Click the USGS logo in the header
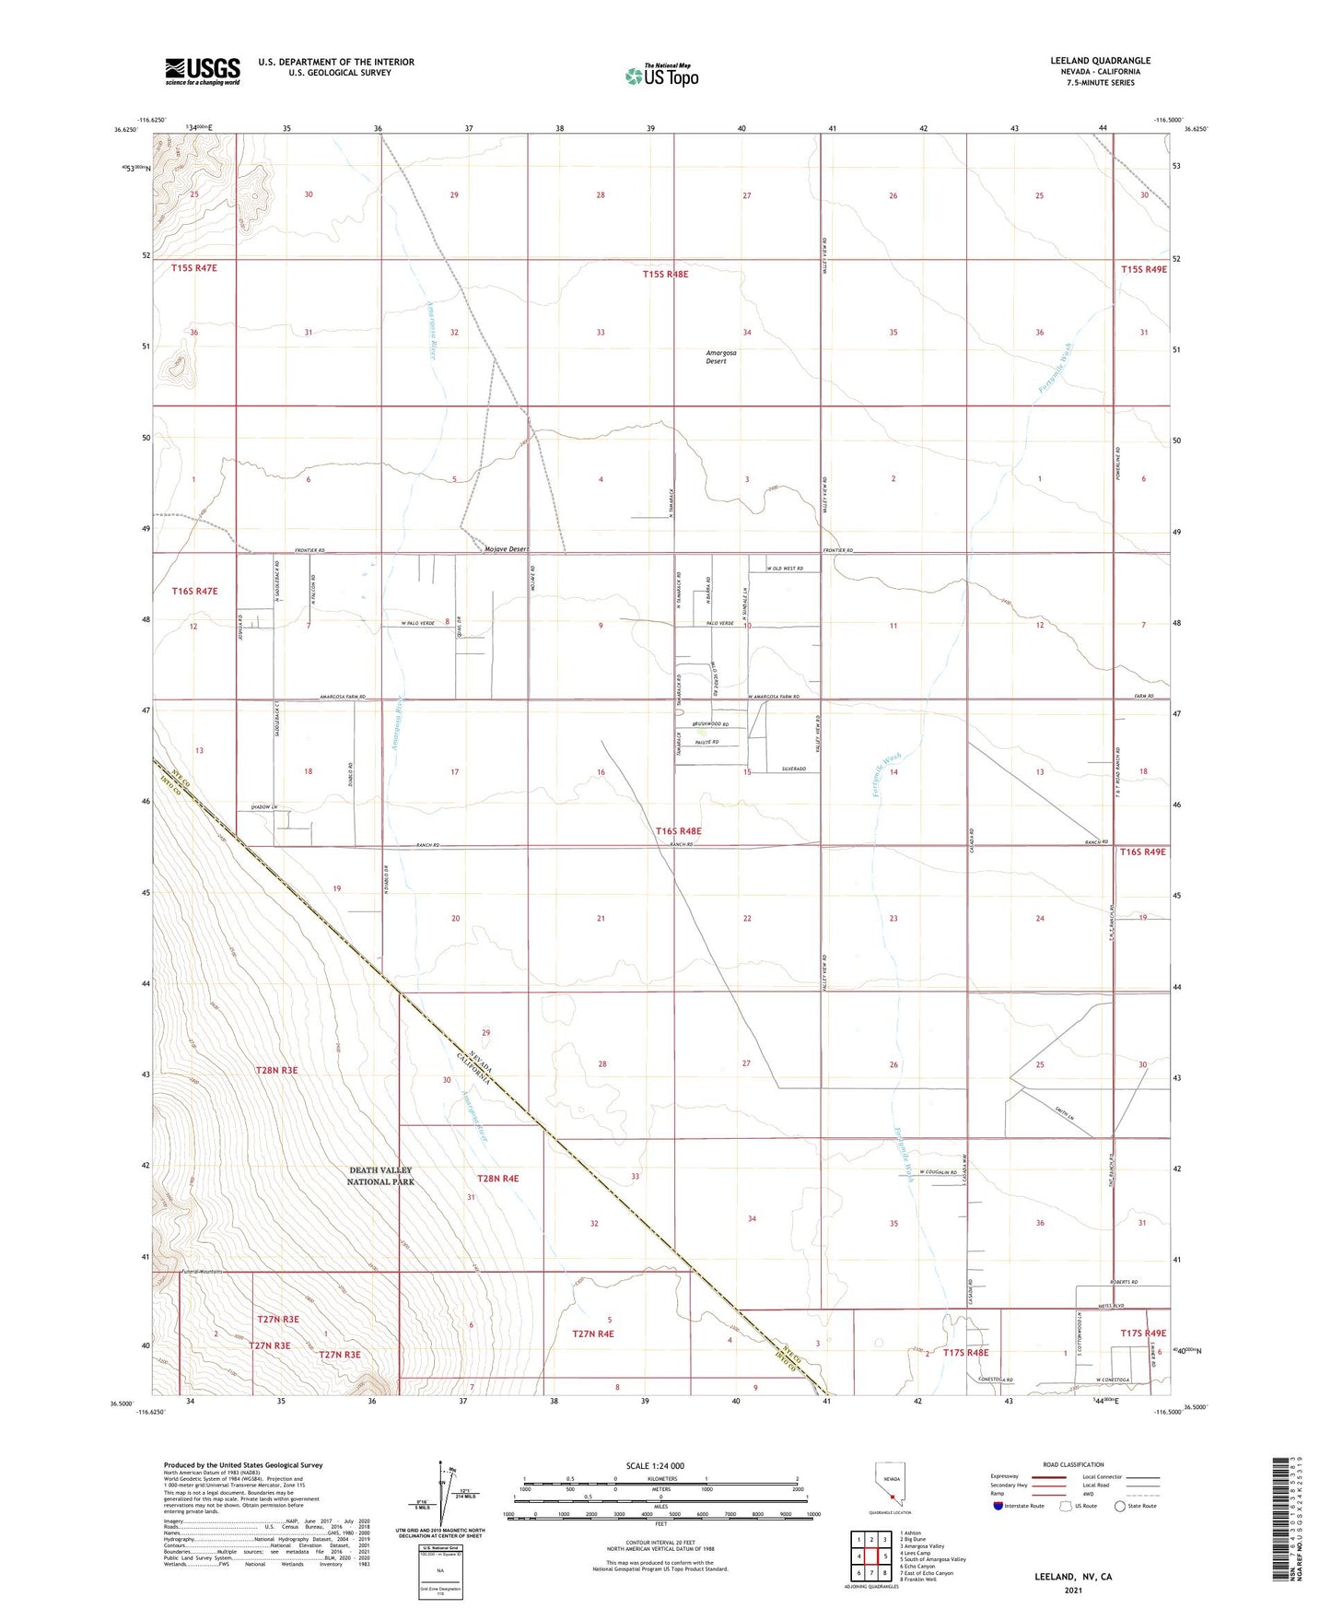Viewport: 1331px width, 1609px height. coord(203,71)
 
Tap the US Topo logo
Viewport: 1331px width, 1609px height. coord(661,76)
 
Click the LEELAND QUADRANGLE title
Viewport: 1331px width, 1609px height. coord(1100,61)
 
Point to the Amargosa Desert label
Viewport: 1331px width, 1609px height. coord(720,357)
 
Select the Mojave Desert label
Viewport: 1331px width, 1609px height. coord(506,549)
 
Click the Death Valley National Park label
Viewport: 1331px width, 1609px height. coord(381,1176)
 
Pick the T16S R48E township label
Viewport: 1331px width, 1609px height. coord(679,831)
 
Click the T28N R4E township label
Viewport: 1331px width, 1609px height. coord(497,1179)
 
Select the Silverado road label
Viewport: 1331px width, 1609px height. coord(794,769)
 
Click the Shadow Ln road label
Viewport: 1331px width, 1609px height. coord(264,807)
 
